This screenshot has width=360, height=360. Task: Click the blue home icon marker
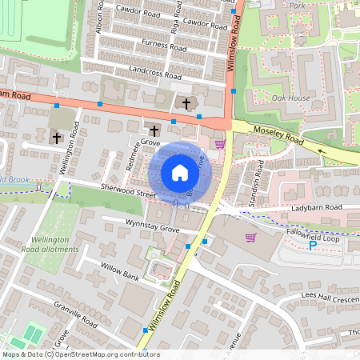(180, 173)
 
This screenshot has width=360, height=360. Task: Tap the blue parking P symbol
(312, 245)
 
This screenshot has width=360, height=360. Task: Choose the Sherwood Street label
(127, 193)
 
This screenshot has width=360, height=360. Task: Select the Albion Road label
(100, 16)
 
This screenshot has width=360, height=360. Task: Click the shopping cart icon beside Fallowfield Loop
(250, 237)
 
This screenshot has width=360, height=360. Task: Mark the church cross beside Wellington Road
(57, 138)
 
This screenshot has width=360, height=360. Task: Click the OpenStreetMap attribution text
(80, 354)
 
